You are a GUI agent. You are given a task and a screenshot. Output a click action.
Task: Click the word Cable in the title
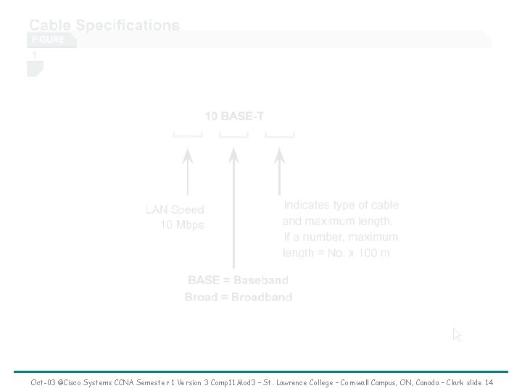pyautogui.click(x=49, y=25)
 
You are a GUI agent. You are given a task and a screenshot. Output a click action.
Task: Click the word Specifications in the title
pyautogui.click(x=128, y=25)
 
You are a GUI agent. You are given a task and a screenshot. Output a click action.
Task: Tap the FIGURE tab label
pyautogui.click(x=47, y=40)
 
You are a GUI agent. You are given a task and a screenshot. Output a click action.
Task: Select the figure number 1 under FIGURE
pyautogui.click(x=33, y=55)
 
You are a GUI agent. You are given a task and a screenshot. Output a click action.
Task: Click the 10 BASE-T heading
pyautogui.click(x=233, y=116)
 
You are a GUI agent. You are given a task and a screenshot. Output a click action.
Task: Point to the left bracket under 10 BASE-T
pyautogui.click(x=188, y=135)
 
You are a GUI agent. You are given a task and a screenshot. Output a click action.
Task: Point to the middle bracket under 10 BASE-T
pyautogui.click(x=233, y=135)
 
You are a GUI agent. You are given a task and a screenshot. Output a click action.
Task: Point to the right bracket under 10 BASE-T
pyautogui.click(x=280, y=135)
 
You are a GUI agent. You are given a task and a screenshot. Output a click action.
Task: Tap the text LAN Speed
pyautogui.click(x=175, y=210)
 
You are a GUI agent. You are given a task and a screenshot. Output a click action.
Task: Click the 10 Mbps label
pyautogui.click(x=182, y=225)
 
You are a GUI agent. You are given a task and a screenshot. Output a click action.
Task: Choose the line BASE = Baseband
pyautogui.click(x=238, y=280)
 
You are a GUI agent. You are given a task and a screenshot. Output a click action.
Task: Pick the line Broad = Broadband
pyautogui.click(x=239, y=297)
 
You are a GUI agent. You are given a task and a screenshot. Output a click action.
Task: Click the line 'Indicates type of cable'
pyautogui.click(x=341, y=206)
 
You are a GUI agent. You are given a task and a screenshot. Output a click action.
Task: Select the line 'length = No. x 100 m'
pyautogui.click(x=336, y=253)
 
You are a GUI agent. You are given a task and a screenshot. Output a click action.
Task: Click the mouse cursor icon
pyautogui.click(x=457, y=335)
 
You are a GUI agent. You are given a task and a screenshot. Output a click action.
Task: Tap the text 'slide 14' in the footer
pyautogui.click(x=478, y=382)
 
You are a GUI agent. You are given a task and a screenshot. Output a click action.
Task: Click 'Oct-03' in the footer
pyautogui.click(x=43, y=382)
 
